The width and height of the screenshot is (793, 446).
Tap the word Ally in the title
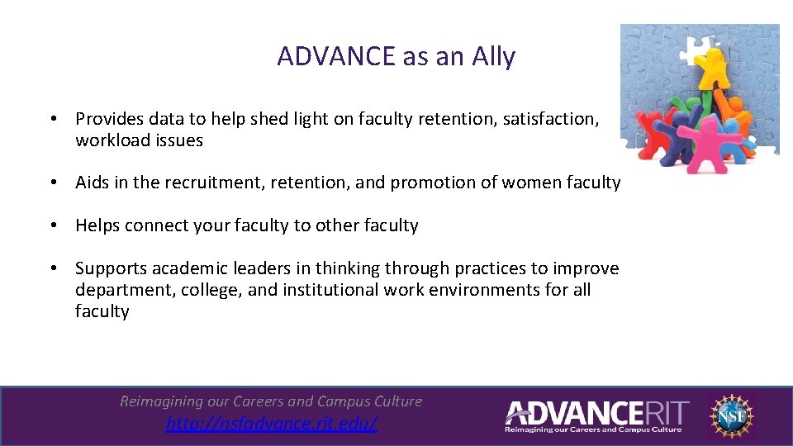[x=493, y=57]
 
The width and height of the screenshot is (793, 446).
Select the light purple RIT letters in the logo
[x=661, y=411]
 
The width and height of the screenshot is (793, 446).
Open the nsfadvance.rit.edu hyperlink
[x=272, y=424]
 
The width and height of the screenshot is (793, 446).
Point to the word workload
[x=110, y=140]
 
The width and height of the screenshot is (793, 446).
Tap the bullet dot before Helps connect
[x=52, y=225]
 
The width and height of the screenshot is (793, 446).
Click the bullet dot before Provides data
[x=52, y=119]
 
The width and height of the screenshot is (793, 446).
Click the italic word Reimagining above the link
[x=161, y=401]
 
